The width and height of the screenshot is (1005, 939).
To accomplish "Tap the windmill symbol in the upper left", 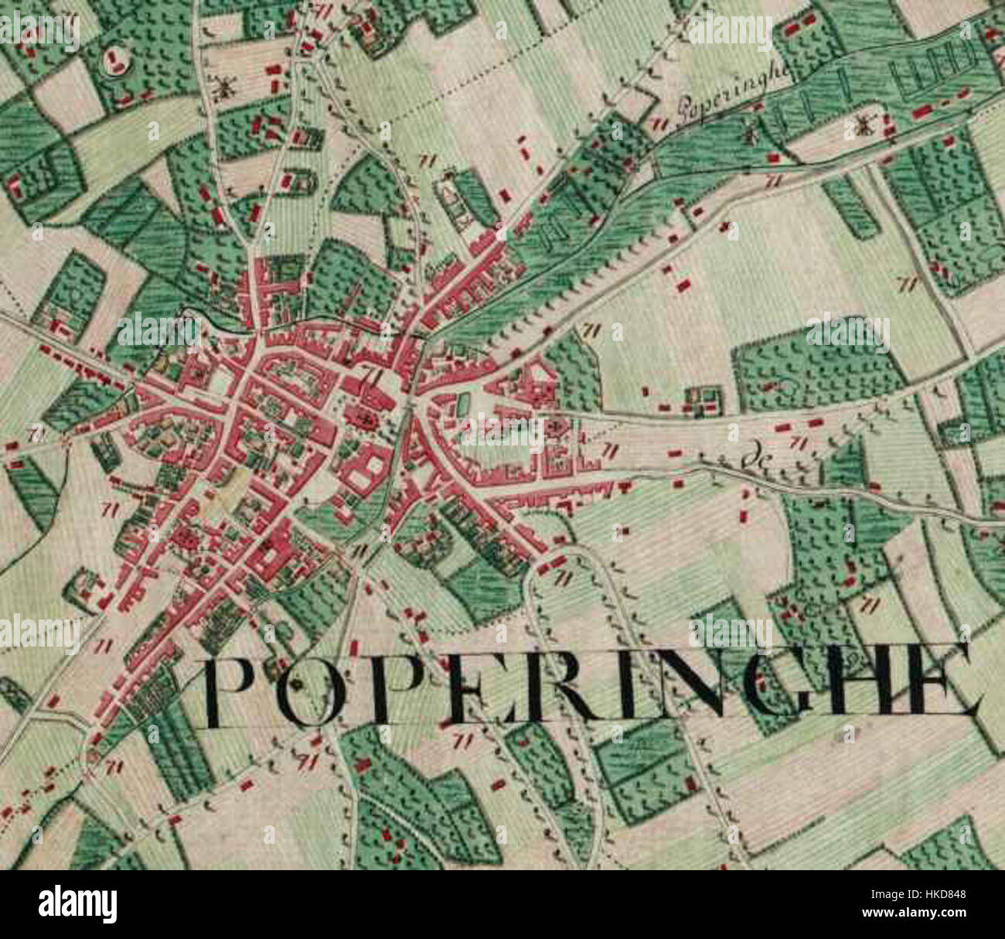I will point(225,87).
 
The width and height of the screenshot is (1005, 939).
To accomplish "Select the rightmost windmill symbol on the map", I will point(864,125).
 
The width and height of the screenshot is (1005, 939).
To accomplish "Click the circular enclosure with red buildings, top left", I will point(114,60).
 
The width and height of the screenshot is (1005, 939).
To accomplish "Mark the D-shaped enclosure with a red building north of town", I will point(300,182).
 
